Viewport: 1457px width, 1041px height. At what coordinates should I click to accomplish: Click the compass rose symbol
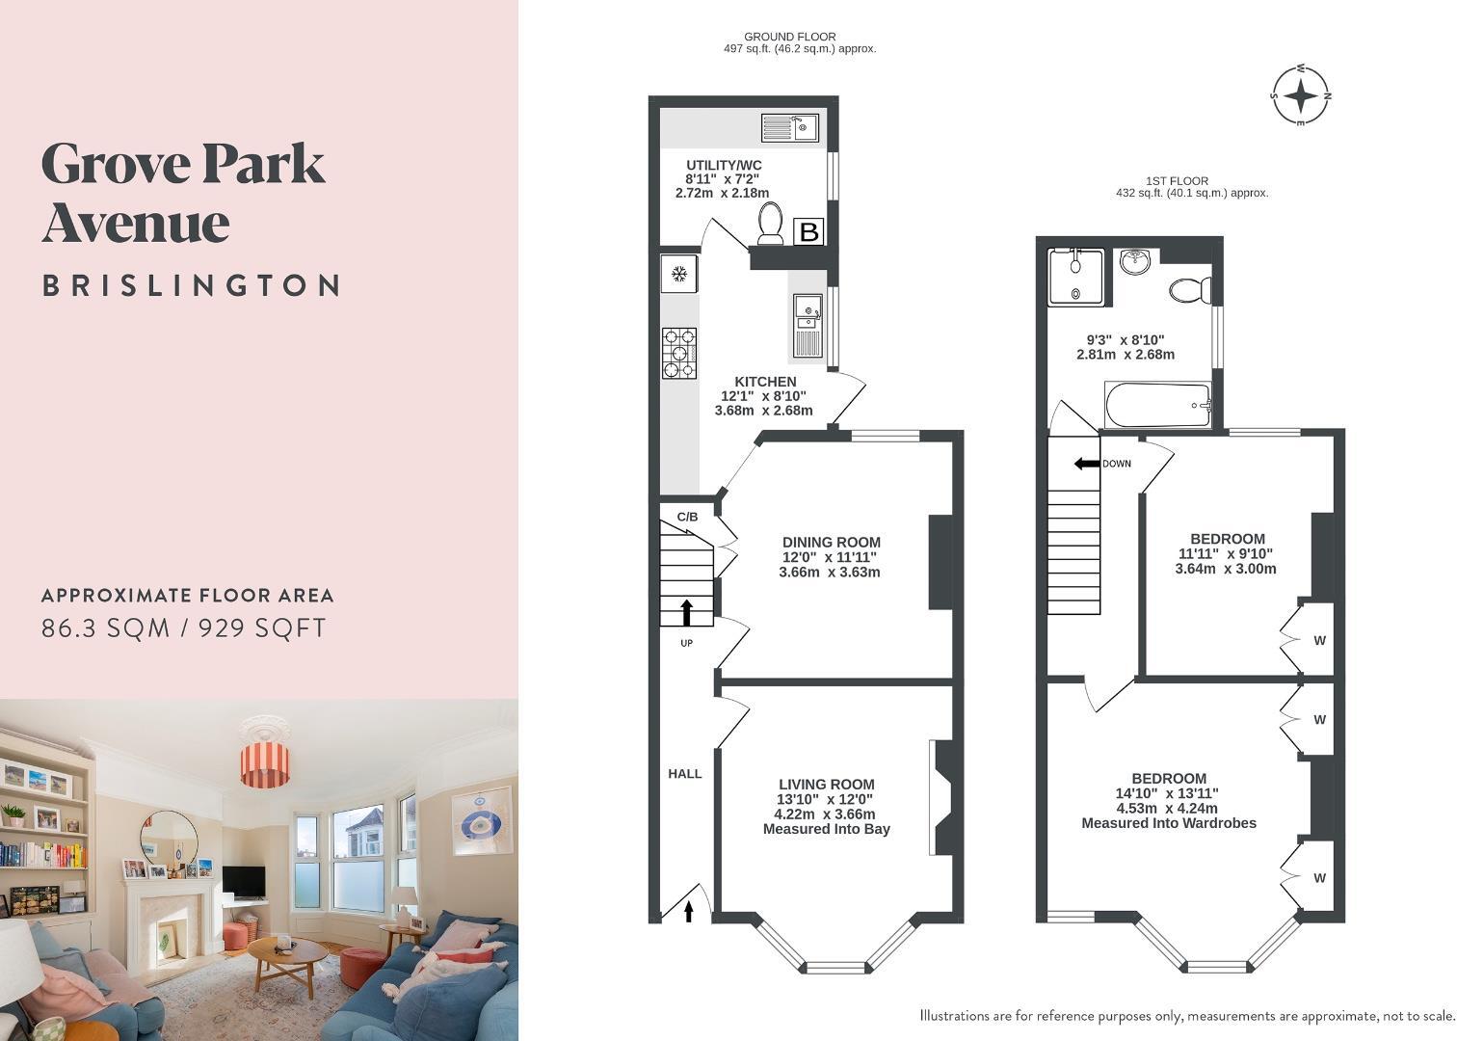[1301, 95]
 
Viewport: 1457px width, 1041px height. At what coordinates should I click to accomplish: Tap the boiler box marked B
[808, 231]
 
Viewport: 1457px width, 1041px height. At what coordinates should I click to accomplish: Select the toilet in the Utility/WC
[771, 224]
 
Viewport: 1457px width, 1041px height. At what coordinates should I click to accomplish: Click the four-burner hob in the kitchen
[679, 353]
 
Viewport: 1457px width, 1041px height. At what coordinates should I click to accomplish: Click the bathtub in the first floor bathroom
[1157, 405]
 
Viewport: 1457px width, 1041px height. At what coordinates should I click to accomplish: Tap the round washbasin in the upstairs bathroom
[1136, 261]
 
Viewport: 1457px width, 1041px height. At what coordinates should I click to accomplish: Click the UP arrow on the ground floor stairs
[687, 612]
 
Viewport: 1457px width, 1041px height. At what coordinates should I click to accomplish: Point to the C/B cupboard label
[687, 518]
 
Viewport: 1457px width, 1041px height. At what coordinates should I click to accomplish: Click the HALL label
[685, 774]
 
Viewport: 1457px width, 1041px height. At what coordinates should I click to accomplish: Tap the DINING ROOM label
[831, 543]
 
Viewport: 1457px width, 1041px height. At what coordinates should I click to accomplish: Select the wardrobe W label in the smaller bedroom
[1319, 640]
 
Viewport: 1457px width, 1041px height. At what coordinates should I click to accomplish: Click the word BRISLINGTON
[191, 286]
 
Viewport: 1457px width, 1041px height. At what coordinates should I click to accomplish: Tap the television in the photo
[243, 881]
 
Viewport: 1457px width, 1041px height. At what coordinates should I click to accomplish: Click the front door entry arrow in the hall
[689, 910]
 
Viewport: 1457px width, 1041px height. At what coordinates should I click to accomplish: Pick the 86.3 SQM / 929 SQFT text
[184, 628]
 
